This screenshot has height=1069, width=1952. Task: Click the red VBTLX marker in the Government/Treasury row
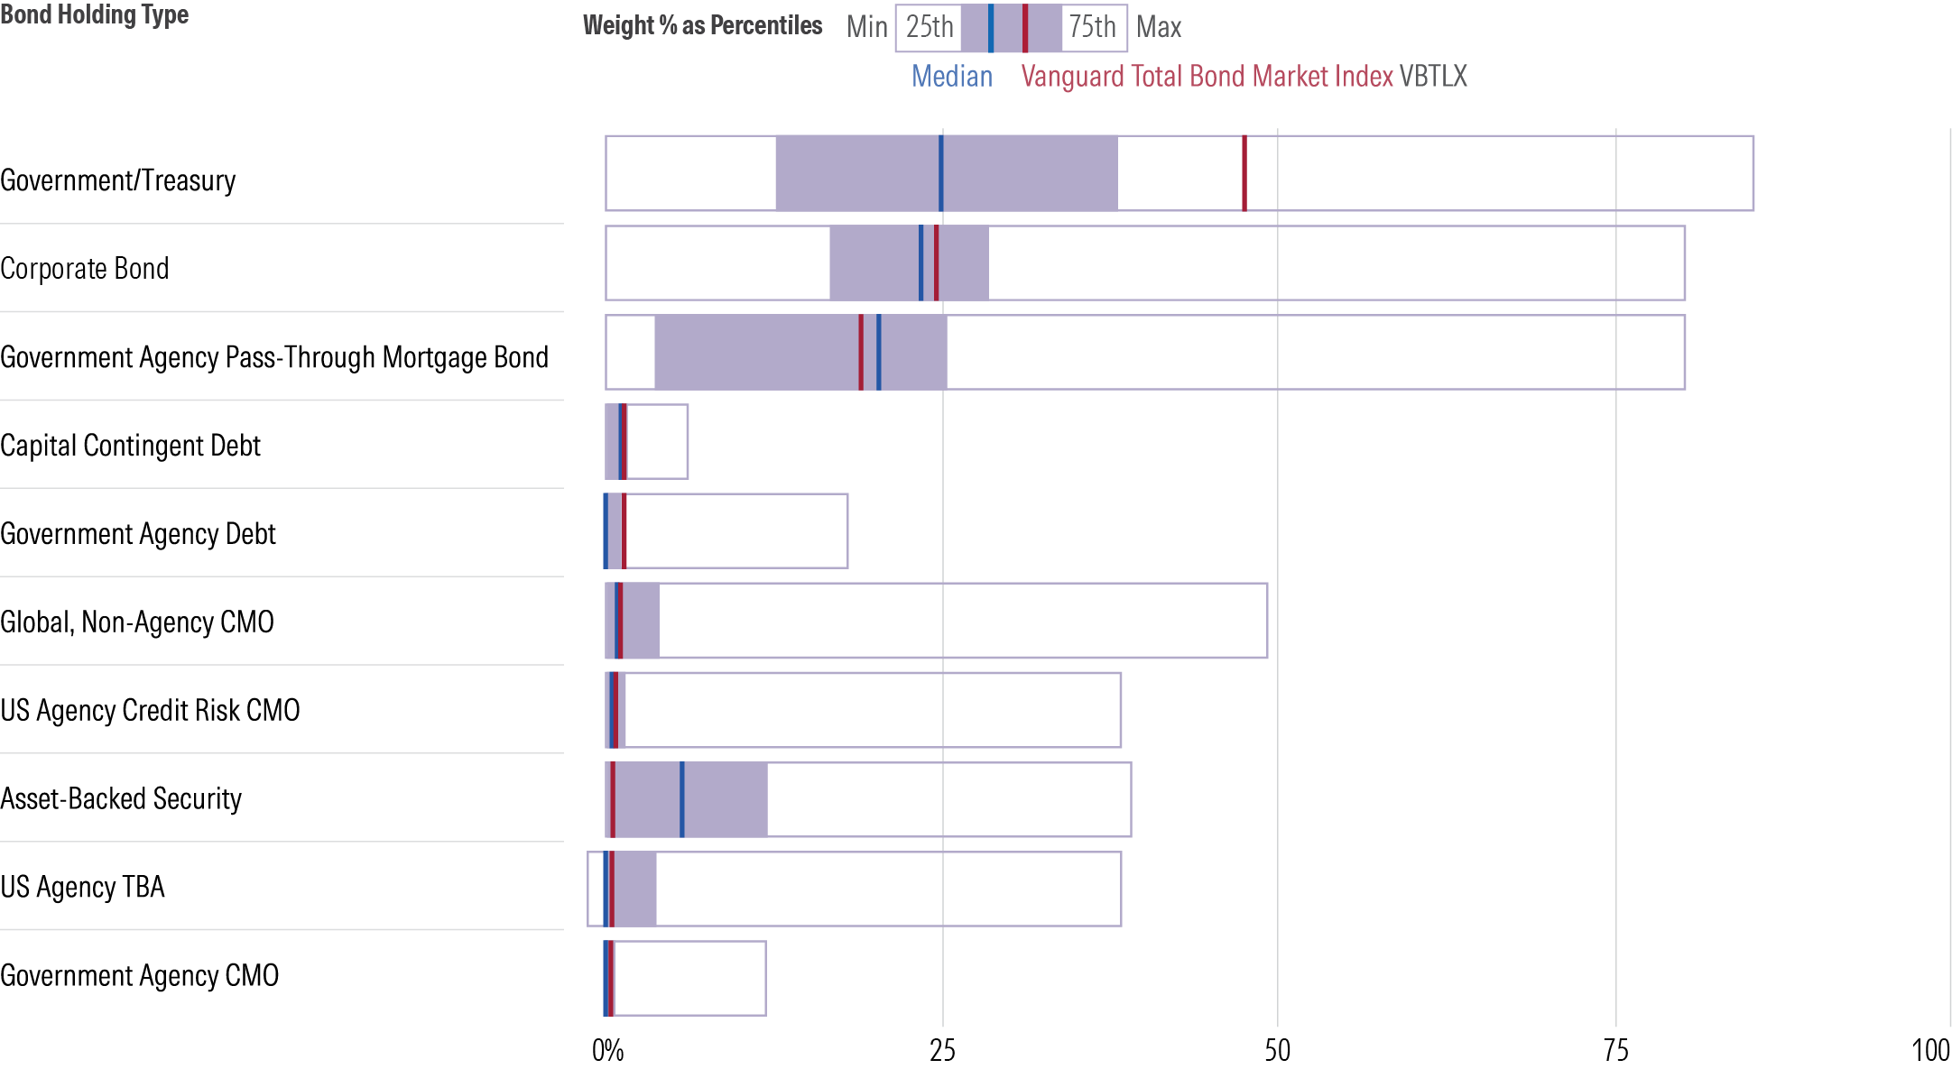tap(1244, 173)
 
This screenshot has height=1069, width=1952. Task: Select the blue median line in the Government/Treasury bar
tap(940, 173)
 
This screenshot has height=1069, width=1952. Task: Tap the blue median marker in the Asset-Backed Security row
tap(681, 799)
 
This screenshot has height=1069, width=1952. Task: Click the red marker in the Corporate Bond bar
tap(936, 263)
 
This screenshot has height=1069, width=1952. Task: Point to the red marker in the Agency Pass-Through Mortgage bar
tap(860, 352)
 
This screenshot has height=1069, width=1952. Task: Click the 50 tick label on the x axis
tap(1277, 1050)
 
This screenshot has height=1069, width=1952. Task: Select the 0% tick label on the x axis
tap(607, 1050)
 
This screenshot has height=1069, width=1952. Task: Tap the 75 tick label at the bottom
tap(1615, 1050)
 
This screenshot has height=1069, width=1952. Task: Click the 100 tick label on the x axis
tap(1930, 1050)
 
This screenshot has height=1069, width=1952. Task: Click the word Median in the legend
tap(951, 77)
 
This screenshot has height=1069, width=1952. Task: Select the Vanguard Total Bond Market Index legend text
tap(1207, 77)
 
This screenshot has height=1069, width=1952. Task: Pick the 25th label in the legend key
tap(929, 27)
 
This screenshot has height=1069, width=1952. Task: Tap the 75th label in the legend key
tap(1092, 27)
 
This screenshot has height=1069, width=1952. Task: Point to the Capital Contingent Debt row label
tap(130, 446)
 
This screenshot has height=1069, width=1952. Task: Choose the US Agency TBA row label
tap(82, 887)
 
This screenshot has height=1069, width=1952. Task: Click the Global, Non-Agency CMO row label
tap(136, 622)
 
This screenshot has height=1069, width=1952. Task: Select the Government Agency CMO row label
tap(139, 975)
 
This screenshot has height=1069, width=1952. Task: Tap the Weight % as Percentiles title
tap(702, 25)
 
